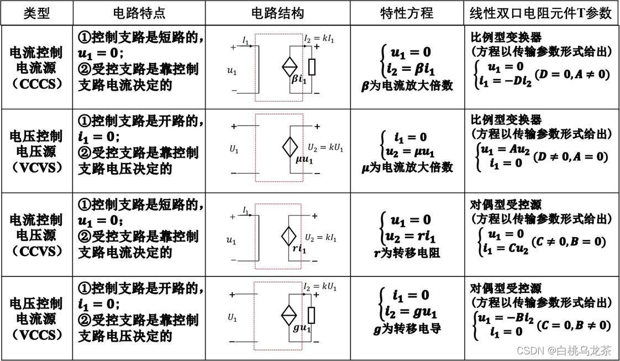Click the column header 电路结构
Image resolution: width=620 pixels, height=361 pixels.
point(277,13)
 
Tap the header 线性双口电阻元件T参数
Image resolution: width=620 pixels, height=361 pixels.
point(540,13)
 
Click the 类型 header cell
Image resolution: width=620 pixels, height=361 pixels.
point(36,13)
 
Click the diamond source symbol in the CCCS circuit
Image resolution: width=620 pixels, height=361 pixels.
point(290,67)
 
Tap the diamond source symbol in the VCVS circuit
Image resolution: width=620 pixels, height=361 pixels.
point(290,148)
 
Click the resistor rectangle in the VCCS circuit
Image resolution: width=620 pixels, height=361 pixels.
point(312,315)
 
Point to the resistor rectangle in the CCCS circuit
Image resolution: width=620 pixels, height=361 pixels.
point(312,67)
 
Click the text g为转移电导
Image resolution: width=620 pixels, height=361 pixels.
point(407,328)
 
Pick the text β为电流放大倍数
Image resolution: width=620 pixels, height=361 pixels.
point(407,86)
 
